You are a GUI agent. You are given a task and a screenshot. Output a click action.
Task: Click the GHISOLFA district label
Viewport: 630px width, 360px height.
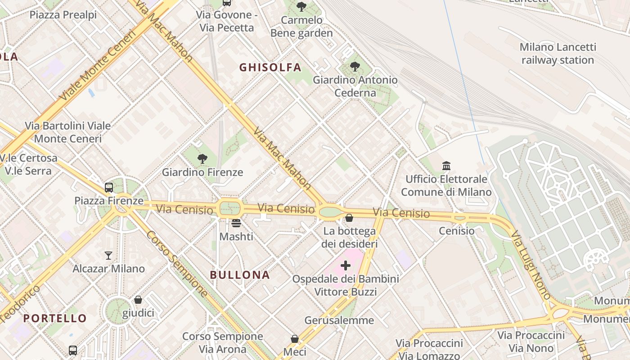click(270, 67)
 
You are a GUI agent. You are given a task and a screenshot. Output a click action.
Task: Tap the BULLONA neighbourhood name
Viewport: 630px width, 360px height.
click(240, 275)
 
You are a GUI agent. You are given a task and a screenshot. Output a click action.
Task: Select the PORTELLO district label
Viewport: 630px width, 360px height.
click(55, 319)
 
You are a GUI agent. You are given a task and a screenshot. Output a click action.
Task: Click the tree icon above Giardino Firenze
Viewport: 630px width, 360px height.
click(202, 158)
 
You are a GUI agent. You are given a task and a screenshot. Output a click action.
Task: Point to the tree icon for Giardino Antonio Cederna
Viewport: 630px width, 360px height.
click(355, 67)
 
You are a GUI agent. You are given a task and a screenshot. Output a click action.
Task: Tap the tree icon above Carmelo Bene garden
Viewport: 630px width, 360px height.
click(301, 6)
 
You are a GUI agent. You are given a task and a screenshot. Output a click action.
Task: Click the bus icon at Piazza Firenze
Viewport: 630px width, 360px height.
click(109, 187)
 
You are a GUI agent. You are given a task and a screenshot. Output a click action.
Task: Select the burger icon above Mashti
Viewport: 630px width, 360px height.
click(236, 223)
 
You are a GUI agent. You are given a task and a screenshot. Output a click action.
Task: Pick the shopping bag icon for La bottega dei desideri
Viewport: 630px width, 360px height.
click(349, 218)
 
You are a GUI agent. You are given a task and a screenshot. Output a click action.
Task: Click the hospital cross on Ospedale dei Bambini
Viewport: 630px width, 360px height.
click(346, 265)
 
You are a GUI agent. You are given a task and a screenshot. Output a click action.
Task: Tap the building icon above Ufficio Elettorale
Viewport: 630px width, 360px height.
click(446, 166)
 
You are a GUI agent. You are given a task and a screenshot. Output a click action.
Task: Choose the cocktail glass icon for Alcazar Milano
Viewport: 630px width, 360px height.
click(108, 256)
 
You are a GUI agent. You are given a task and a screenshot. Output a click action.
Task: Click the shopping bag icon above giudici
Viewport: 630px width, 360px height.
click(138, 300)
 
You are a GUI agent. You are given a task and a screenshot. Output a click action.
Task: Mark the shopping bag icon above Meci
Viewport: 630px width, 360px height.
click(295, 338)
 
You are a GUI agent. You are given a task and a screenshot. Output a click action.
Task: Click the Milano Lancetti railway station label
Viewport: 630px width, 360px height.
click(558, 54)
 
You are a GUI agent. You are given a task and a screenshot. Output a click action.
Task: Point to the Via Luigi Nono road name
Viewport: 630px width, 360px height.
click(531, 265)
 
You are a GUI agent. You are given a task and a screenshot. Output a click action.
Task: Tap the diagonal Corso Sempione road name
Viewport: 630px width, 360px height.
click(177, 264)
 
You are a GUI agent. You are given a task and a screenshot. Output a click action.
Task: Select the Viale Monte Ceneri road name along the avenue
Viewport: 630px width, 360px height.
click(97, 66)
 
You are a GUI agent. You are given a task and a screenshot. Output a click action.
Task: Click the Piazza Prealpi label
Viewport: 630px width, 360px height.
click(63, 15)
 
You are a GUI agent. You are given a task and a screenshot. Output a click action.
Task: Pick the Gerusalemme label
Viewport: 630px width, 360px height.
click(339, 320)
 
